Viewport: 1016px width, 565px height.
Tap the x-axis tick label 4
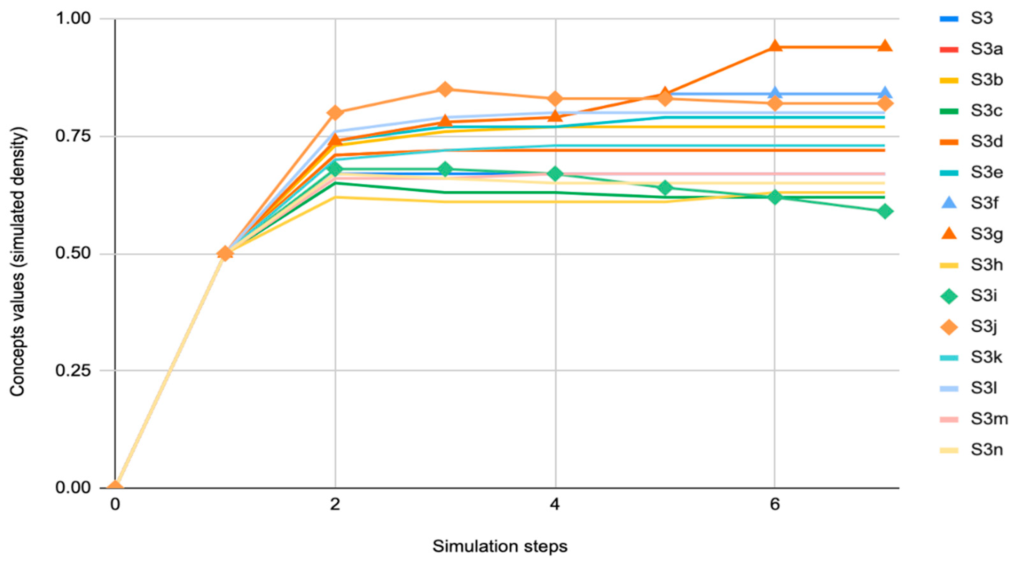(x=555, y=504)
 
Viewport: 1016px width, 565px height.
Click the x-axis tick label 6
(x=775, y=504)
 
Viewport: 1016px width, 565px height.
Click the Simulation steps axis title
(x=500, y=547)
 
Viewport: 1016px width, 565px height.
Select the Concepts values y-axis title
(x=18, y=261)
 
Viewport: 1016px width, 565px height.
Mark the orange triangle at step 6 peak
(x=775, y=46)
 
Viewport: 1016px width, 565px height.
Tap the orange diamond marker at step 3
(x=445, y=89)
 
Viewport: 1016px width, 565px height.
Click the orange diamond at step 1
(x=225, y=253)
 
